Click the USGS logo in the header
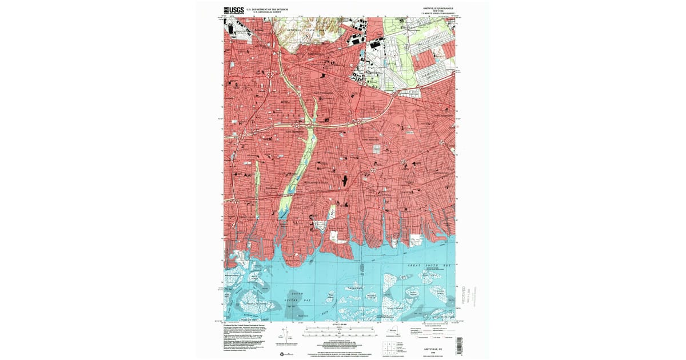pos(234,10)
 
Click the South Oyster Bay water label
pos(303,297)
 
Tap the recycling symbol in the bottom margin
pos(282,354)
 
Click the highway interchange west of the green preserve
pos(297,123)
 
